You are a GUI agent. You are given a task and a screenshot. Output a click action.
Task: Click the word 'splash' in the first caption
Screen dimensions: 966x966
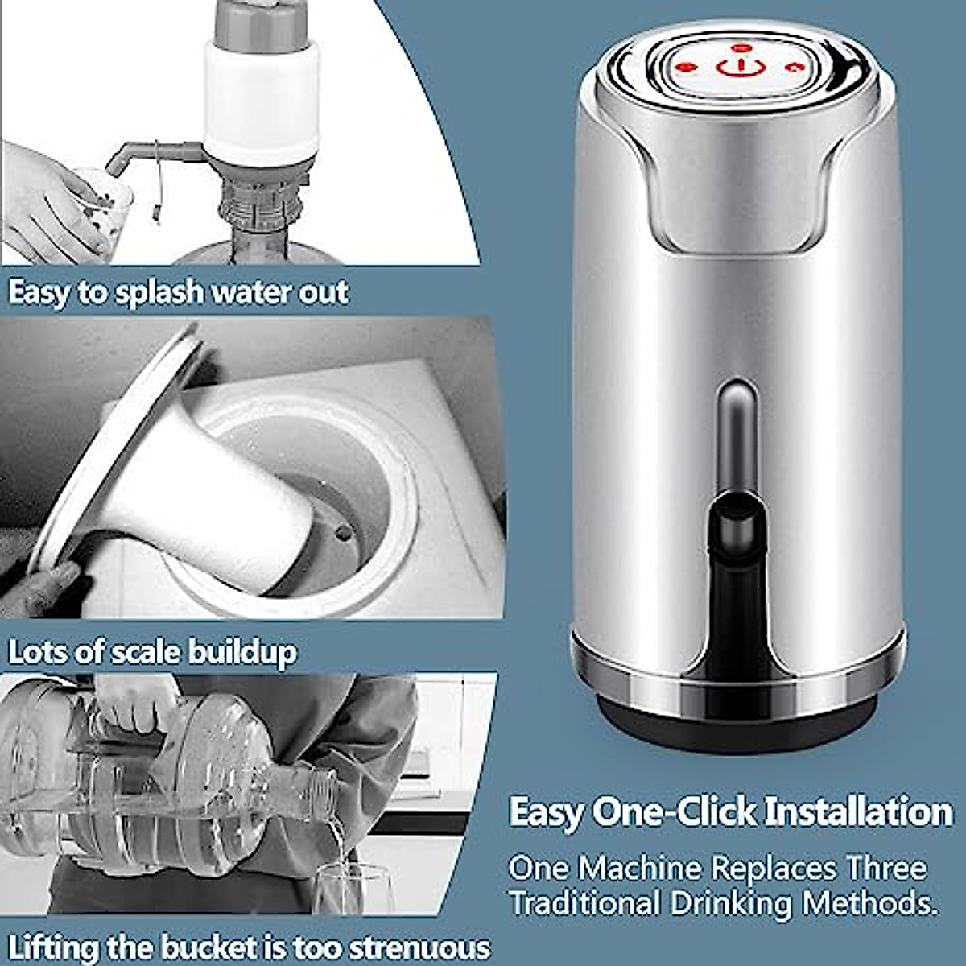pyautogui.click(x=159, y=291)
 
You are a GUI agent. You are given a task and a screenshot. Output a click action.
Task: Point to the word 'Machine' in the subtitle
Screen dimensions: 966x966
pyautogui.click(x=639, y=869)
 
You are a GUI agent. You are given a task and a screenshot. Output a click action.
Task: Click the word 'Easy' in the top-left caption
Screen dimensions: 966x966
pyautogui.click(x=38, y=291)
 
